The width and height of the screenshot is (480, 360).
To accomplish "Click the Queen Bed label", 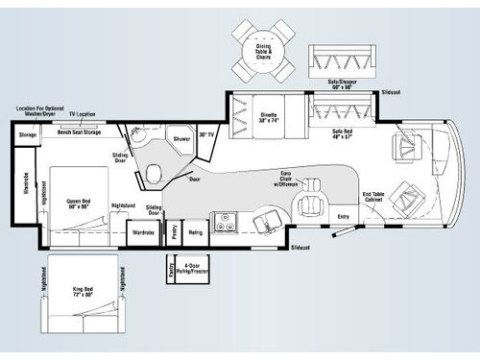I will click(x=79, y=204).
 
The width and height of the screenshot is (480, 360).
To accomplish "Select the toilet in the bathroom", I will click(x=153, y=174).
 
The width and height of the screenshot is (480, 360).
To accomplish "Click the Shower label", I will click(x=182, y=137).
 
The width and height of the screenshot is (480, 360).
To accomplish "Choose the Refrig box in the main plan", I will click(x=195, y=231).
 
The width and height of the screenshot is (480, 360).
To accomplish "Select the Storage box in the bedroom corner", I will click(x=26, y=135).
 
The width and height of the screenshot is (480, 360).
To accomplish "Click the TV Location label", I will click(x=83, y=114).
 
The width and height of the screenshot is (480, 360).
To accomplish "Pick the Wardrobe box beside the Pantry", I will click(x=143, y=231).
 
